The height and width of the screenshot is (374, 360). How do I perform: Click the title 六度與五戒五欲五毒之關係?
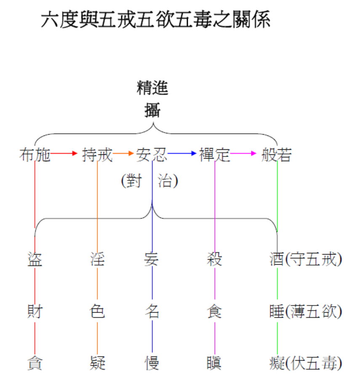(156, 20)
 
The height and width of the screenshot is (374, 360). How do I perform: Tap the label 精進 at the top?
(152, 88)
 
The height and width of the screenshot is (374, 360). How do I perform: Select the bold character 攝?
(152, 110)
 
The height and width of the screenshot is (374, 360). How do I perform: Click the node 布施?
(35, 155)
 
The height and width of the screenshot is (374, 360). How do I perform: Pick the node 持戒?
(97, 155)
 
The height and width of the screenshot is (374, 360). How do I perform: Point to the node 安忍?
(152, 155)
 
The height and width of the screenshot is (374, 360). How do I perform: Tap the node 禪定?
(215, 155)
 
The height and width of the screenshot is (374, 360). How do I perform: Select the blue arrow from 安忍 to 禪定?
(183, 154)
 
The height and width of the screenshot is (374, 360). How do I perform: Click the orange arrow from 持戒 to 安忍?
(123, 154)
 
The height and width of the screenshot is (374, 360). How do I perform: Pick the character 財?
(35, 312)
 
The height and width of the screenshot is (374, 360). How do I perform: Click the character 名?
(152, 312)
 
